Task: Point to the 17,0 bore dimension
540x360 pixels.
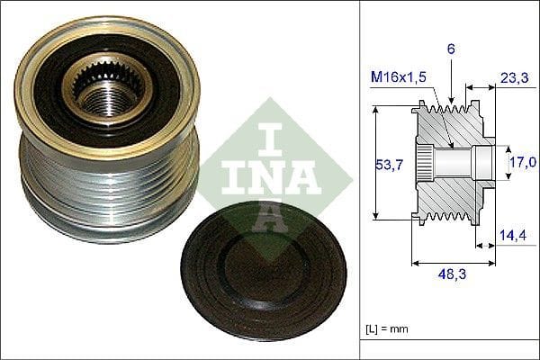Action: (x=524, y=162)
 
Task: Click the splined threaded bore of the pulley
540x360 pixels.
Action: (x=108, y=89)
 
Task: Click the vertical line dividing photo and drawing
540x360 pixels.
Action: (x=359, y=180)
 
